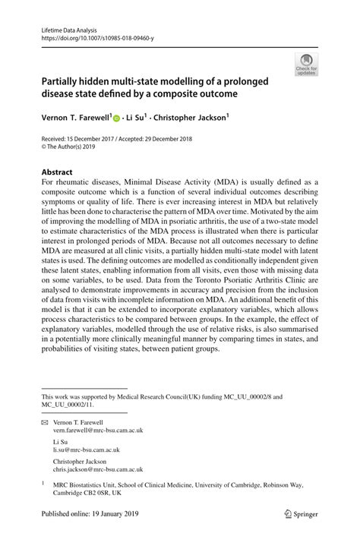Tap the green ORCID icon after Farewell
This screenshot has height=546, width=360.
click(117, 118)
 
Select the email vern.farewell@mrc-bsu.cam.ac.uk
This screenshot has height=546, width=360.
click(98, 430)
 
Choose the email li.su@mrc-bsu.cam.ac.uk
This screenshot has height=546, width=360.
click(85, 448)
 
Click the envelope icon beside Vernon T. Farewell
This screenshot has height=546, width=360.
click(45, 421)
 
